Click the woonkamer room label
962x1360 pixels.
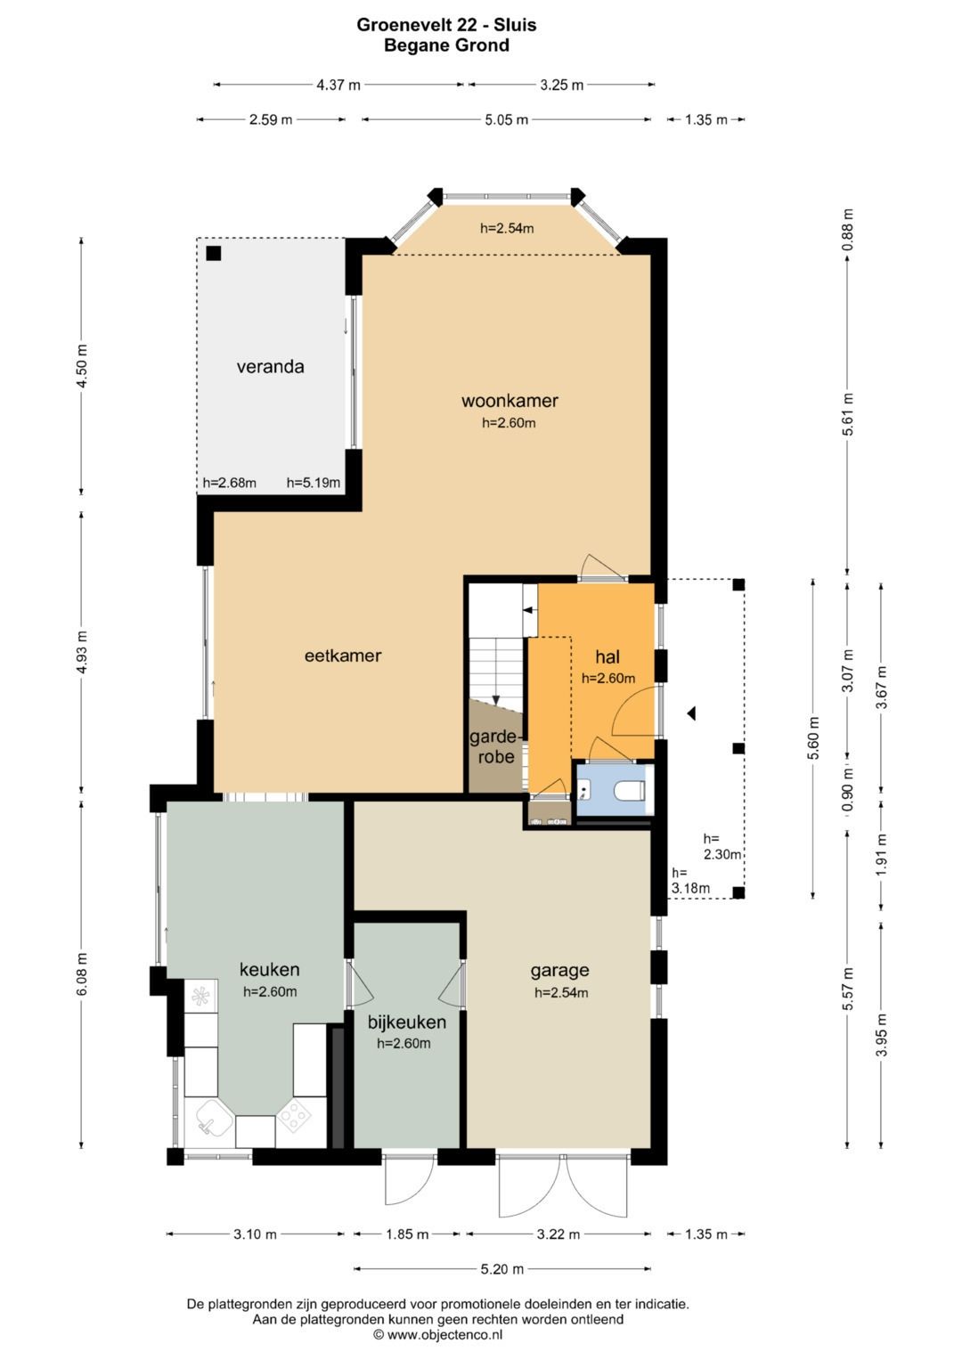tap(509, 402)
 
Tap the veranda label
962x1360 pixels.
tap(270, 367)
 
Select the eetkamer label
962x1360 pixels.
tap(343, 656)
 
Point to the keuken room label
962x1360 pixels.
tap(270, 970)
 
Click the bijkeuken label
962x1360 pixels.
tap(406, 1022)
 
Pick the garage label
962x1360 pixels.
tap(559, 971)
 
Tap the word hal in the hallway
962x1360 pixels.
tap(607, 656)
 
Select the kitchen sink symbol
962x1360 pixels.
tap(213, 1116)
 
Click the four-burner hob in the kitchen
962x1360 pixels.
tap(295, 1115)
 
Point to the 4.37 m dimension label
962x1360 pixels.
tap(338, 85)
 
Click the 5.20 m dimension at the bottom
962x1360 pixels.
tap(502, 1268)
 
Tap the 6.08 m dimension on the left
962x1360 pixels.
tap(83, 973)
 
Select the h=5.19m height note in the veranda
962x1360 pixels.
tap(314, 484)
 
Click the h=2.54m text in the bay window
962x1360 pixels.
tap(507, 228)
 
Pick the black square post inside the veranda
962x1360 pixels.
tap(213, 253)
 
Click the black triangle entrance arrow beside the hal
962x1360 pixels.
tap(691, 713)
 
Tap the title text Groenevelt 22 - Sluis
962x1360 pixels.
tap(446, 25)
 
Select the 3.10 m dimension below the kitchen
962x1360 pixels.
tap(255, 1234)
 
